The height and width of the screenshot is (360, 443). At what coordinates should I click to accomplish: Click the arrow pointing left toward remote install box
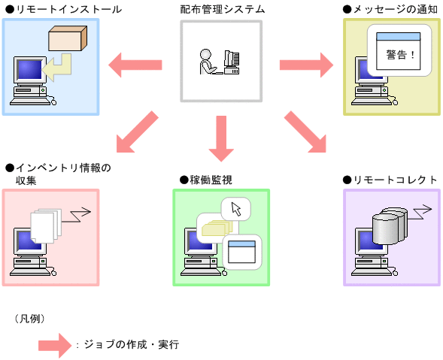tap(135, 65)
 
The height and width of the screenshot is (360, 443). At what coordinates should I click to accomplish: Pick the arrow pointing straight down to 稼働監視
tap(221, 138)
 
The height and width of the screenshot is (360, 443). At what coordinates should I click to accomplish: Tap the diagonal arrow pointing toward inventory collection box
tap(137, 131)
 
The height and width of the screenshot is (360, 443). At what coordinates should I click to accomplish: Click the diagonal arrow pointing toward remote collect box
tap(307, 132)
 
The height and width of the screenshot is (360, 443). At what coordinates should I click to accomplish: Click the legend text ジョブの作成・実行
tap(129, 345)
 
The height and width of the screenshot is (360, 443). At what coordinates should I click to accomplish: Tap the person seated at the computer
tap(207, 62)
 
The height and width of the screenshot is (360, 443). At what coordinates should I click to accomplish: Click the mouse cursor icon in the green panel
tap(235, 208)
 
